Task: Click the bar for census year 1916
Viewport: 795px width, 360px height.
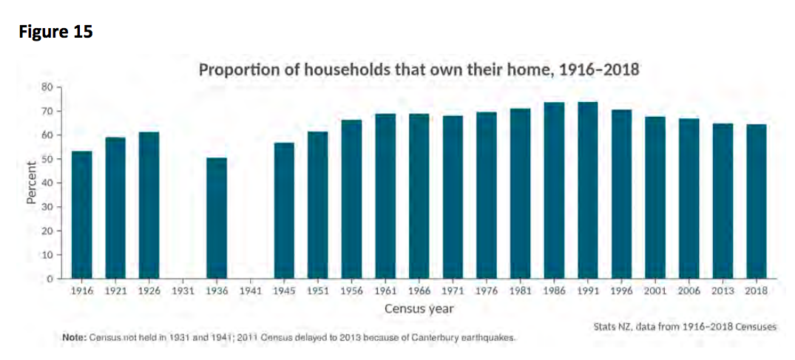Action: pyautogui.click(x=81, y=215)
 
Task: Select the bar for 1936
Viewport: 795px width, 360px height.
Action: pyautogui.click(x=217, y=218)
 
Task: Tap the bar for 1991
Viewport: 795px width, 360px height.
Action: pyautogui.click(x=588, y=190)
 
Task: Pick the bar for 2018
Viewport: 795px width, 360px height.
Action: pyautogui.click(x=757, y=201)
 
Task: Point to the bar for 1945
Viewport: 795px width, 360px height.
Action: pyautogui.click(x=284, y=211)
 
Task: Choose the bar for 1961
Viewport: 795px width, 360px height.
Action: pyautogui.click(x=385, y=196)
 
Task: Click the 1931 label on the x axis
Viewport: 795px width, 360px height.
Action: pyautogui.click(x=183, y=291)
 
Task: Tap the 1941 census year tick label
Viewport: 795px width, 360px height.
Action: pyautogui.click(x=251, y=291)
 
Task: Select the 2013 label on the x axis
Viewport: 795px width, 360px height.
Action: pyautogui.click(x=723, y=291)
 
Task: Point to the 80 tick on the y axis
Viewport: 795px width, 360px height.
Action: pyautogui.click(x=47, y=87)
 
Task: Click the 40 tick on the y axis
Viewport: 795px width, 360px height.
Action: pyautogui.click(x=47, y=183)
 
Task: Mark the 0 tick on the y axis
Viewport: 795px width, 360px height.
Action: pyautogui.click(x=50, y=279)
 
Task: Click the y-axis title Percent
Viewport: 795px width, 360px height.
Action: pyautogui.click(x=32, y=183)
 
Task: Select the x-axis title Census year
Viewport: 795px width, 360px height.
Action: pyautogui.click(x=419, y=308)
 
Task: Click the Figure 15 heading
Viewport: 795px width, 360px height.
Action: pyautogui.click(x=56, y=32)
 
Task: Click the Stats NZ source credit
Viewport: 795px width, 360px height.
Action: pyautogui.click(x=685, y=327)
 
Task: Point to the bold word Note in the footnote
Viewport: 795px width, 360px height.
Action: pyautogui.click(x=73, y=338)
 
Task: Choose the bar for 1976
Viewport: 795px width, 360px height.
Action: pyautogui.click(x=486, y=195)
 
